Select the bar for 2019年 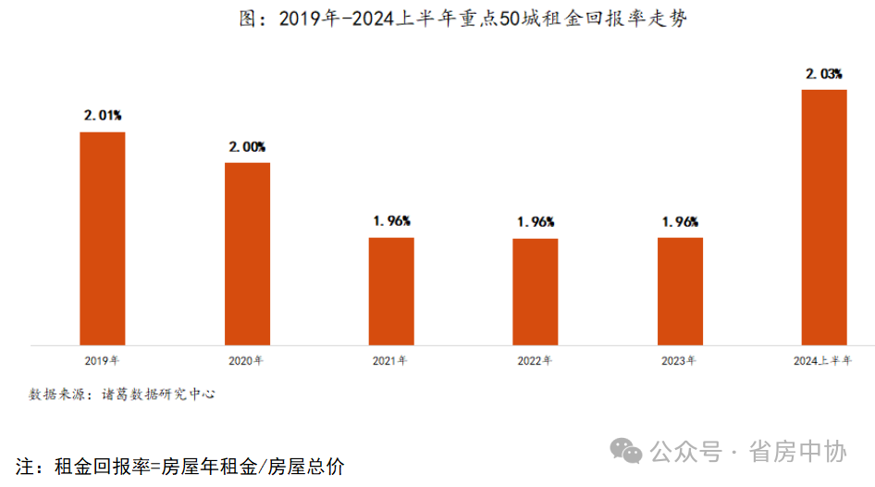102,238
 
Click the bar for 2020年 247,254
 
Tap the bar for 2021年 391,291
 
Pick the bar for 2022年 536,292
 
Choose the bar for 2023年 680,291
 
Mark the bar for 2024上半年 824,217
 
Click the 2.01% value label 103,116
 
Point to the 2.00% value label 247,146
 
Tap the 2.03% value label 823,73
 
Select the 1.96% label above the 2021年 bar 391,221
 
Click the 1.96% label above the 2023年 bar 680,221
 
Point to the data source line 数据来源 121,393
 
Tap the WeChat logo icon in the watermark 630,452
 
